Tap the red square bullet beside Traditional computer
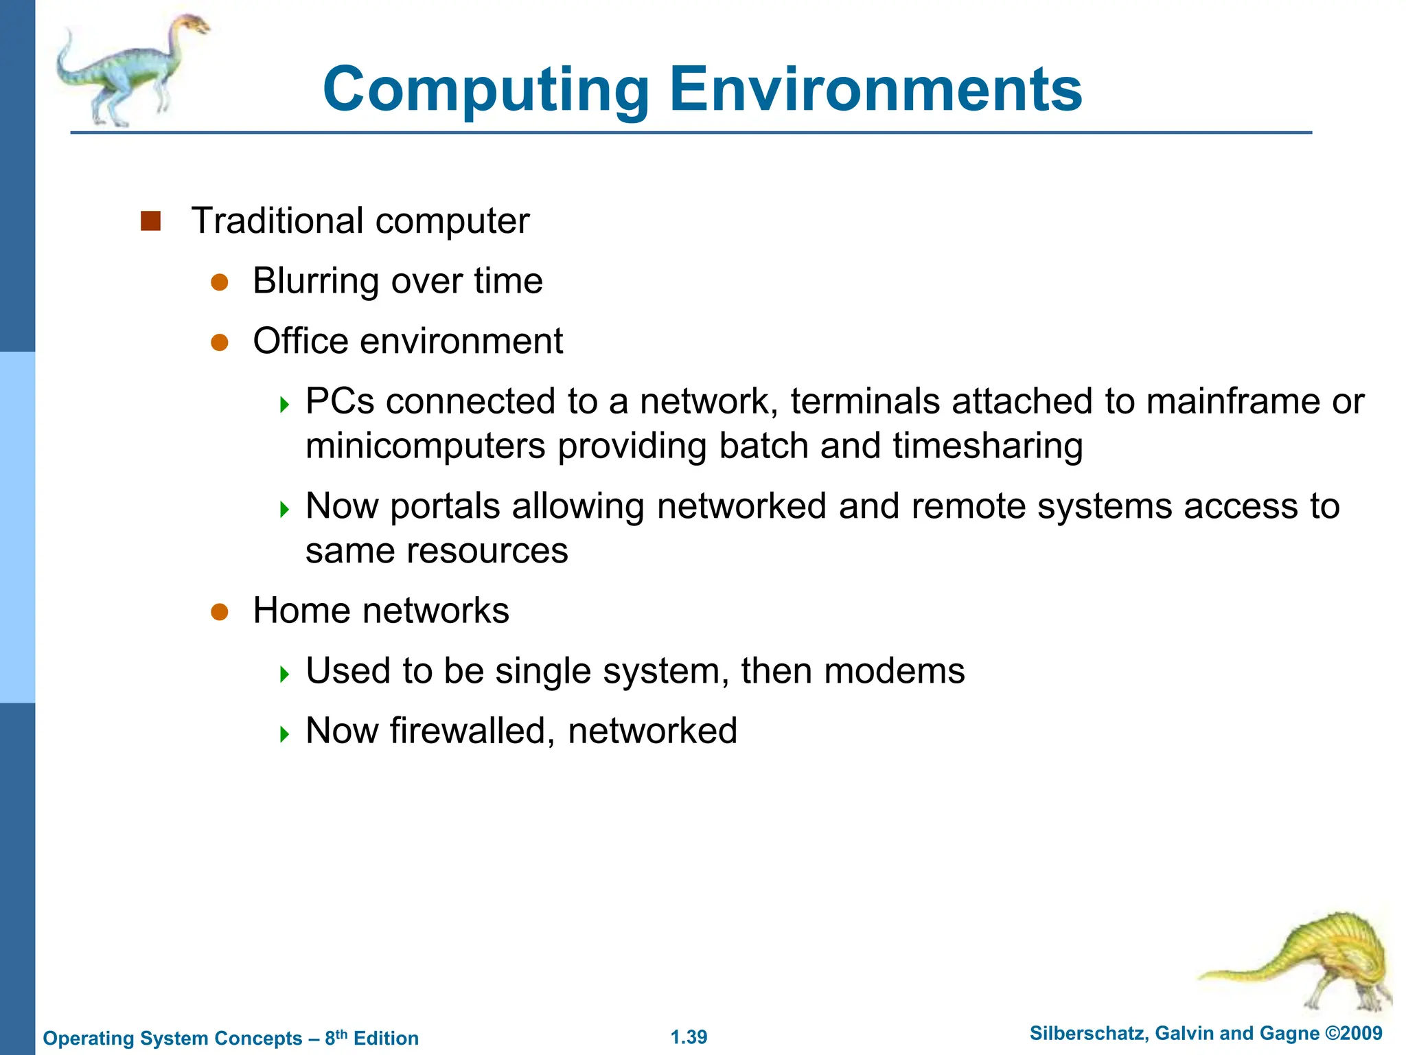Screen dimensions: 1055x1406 (x=150, y=221)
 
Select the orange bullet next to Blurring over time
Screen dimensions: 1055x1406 (x=220, y=282)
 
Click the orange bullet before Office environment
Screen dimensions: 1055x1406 (x=220, y=342)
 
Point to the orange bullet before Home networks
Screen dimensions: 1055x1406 (x=220, y=612)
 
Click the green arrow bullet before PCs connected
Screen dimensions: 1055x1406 (x=285, y=405)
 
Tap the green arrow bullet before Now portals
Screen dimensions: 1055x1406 (x=285, y=509)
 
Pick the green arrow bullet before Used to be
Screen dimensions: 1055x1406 (x=285, y=674)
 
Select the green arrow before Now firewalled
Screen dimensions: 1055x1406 (x=285, y=734)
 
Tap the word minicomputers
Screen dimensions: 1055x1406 (x=426, y=446)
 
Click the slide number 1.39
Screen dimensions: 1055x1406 (x=689, y=1037)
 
